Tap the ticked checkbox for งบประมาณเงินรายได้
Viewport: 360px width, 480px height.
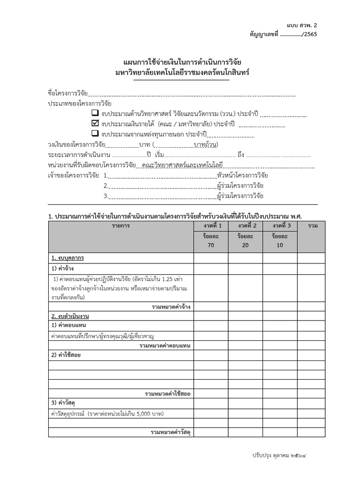[95, 124]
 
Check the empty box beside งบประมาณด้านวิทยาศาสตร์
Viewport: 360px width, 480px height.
[95, 113]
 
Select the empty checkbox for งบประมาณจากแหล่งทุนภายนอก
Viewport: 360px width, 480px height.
[95, 134]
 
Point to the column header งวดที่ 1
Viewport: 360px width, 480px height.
[210, 226]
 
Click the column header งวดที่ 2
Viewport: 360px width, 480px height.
[245, 226]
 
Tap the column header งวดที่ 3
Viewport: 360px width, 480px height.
[280, 226]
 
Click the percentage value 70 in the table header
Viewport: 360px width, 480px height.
[210, 245]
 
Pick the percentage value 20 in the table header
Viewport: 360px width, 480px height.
[245, 245]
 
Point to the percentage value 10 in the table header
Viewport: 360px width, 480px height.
[280, 245]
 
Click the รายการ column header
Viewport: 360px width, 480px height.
[121, 226]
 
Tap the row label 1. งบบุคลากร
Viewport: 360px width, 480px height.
[68, 258]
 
